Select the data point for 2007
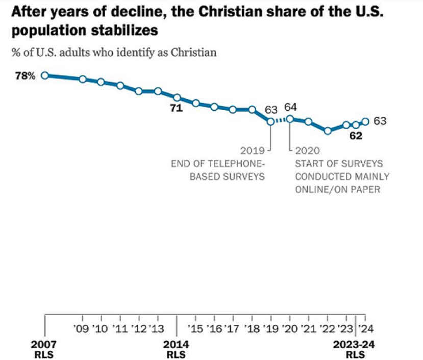pos(45,75)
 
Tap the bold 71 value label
pos(177,109)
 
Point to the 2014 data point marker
pos(177,97)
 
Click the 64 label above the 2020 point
pos(290,107)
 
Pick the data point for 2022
pos(328,131)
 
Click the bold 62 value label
pos(356,136)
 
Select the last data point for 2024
pos(365,121)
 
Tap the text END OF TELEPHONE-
pos(218,164)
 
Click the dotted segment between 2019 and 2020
pos(280,120)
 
